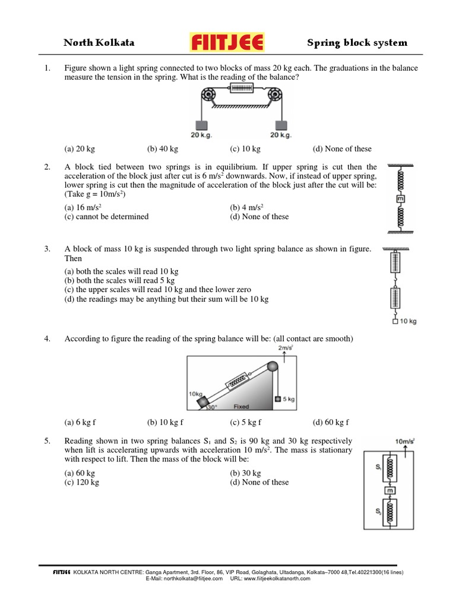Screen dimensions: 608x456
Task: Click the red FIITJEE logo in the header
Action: (x=227, y=42)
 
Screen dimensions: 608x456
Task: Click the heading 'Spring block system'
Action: (x=357, y=43)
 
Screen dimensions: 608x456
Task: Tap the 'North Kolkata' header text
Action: (x=99, y=43)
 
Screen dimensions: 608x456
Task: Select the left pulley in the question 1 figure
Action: (x=208, y=94)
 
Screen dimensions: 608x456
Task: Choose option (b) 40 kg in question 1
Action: (x=163, y=149)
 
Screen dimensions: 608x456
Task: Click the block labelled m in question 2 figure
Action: (x=400, y=198)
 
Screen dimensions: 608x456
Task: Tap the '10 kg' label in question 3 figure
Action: (x=408, y=321)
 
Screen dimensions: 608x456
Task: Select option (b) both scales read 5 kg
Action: (x=119, y=280)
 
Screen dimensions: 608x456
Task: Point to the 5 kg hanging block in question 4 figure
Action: (x=277, y=399)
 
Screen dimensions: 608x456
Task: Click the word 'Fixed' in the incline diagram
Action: (x=241, y=407)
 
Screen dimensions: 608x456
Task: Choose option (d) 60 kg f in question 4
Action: (x=331, y=422)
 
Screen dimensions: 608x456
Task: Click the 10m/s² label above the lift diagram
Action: (x=404, y=441)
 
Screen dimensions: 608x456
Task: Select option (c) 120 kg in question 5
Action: (x=82, y=483)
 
